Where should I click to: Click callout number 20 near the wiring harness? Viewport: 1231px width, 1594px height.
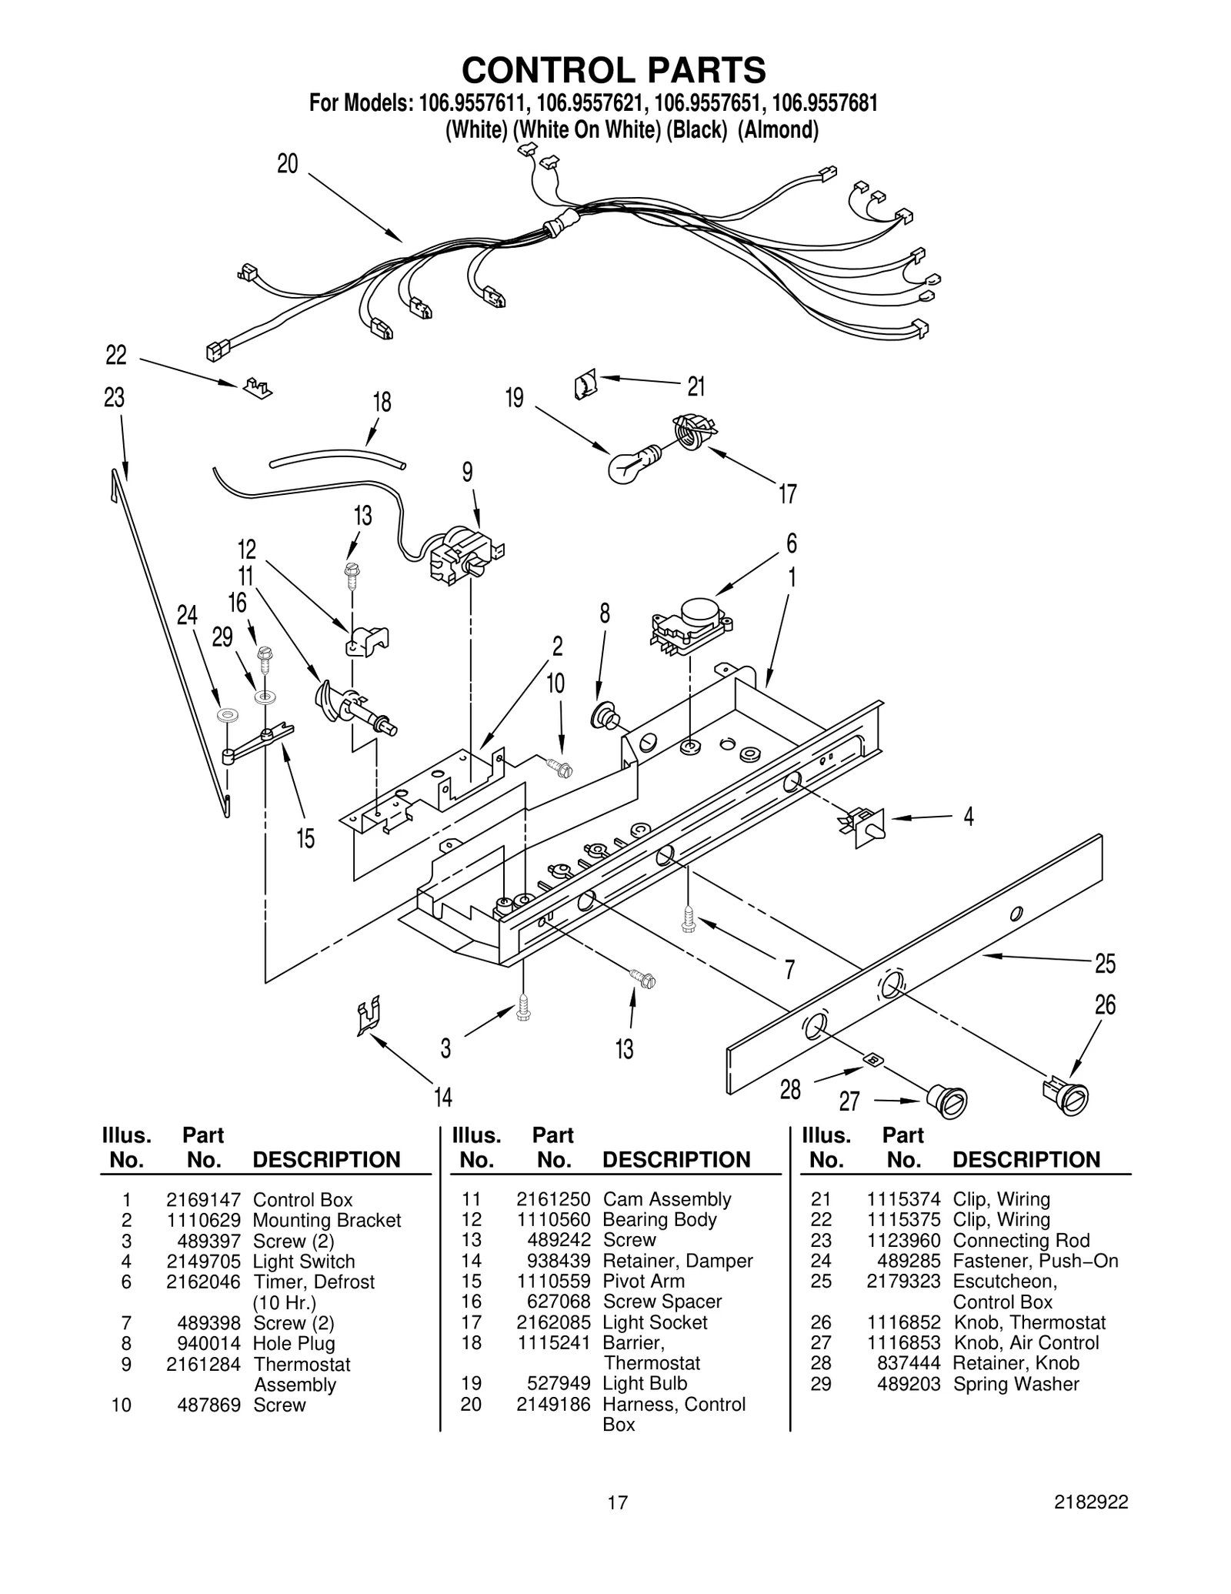(x=287, y=164)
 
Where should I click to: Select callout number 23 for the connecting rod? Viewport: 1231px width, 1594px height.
(x=114, y=398)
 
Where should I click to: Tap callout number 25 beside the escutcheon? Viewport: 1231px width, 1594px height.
(x=1105, y=963)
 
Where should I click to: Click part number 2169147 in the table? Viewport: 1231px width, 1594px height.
(x=203, y=1200)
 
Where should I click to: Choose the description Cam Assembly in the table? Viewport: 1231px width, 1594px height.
(x=666, y=1199)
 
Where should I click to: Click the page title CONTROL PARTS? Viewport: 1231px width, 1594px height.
(x=614, y=70)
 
